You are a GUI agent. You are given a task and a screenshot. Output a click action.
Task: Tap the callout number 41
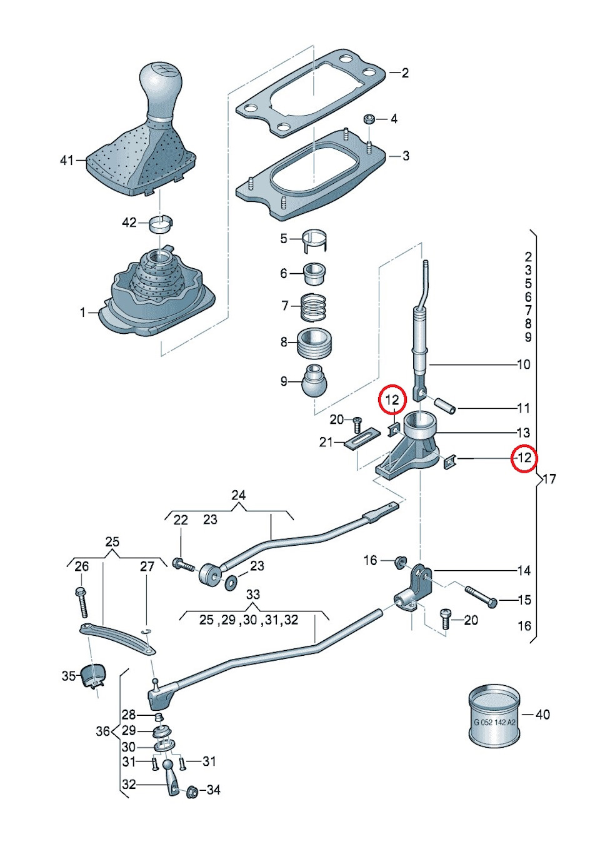pos(67,161)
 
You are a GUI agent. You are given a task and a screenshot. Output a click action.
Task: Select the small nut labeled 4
pos(369,119)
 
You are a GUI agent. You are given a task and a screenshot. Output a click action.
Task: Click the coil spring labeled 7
pos(313,306)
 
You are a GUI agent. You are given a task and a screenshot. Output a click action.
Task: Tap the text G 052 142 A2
pos(494,722)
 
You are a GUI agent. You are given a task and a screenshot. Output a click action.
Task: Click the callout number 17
pos(549,479)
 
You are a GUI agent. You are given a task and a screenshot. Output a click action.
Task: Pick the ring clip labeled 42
pos(161,223)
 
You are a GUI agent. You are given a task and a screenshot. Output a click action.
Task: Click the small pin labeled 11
pos(446,404)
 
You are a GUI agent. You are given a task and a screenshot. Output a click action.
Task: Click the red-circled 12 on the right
pos(524,458)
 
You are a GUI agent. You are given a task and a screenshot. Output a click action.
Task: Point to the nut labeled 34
pos(192,791)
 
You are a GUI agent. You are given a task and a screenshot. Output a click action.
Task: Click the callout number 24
pos(238,495)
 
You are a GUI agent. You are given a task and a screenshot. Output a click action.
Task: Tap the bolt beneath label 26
pos(81,601)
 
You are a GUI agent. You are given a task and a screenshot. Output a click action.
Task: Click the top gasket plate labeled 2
pos(310,92)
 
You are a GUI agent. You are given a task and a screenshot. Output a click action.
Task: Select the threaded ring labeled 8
pos(314,343)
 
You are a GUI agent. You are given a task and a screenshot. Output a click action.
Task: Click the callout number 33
pos(252,594)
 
